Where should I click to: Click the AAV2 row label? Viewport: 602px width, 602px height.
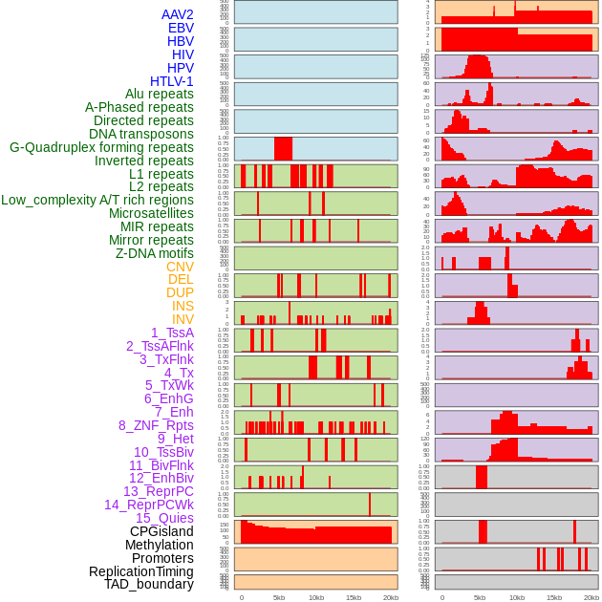click(x=178, y=15)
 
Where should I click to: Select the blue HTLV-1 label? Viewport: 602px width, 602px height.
click(x=172, y=81)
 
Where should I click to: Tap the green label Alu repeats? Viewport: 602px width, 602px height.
click(x=160, y=95)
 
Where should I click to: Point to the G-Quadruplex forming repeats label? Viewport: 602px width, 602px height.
click(x=101, y=148)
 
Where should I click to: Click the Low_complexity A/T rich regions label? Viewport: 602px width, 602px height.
click(x=97, y=201)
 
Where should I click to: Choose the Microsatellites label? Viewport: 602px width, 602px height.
click(x=151, y=214)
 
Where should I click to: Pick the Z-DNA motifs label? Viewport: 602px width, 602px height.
click(x=155, y=254)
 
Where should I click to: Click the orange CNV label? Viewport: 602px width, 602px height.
click(x=180, y=268)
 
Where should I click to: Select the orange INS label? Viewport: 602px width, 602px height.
click(x=183, y=307)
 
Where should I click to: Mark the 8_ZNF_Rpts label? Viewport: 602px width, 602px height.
click(x=156, y=425)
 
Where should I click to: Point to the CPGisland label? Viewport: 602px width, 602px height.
click(x=161, y=531)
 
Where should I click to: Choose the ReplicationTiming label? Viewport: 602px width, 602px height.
click(x=141, y=571)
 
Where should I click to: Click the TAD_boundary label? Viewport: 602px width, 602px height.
click(x=149, y=584)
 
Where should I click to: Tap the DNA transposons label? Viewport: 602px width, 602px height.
click(x=141, y=135)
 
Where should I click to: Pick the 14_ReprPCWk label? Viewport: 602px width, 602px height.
click(x=149, y=505)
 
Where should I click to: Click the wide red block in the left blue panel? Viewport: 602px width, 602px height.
click(x=283, y=149)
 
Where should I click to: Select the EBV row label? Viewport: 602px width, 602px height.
click(x=181, y=29)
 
